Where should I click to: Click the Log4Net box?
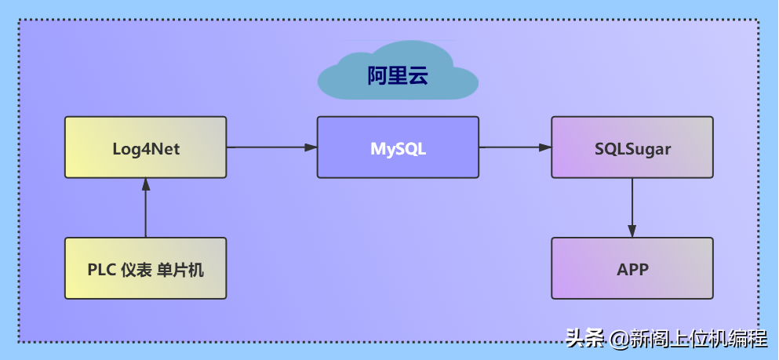(x=146, y=147)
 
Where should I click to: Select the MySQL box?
(x=398, y=147)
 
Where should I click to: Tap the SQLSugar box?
(x=632, y=147)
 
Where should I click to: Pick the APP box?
(x=632, y=268)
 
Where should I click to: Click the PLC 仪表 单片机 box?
(x=146, y=268)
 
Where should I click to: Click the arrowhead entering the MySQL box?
(x=311, y=147)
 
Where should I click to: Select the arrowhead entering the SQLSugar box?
(x=545, y=147)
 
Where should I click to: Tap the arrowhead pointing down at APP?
(x=632, y=231)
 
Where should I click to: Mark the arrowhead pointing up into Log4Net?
(x=146, y=184)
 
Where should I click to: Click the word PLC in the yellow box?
(x=102, y=270)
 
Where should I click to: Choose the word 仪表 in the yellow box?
(x=137, y=270)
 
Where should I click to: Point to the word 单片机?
(x=181, y=270)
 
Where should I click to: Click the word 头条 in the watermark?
(x=584, y=340)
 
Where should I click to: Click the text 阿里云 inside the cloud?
(x=398, y=76)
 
